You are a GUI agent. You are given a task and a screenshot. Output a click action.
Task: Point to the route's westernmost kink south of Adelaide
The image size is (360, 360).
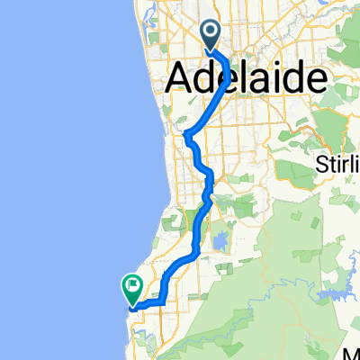[x=188, y=136]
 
